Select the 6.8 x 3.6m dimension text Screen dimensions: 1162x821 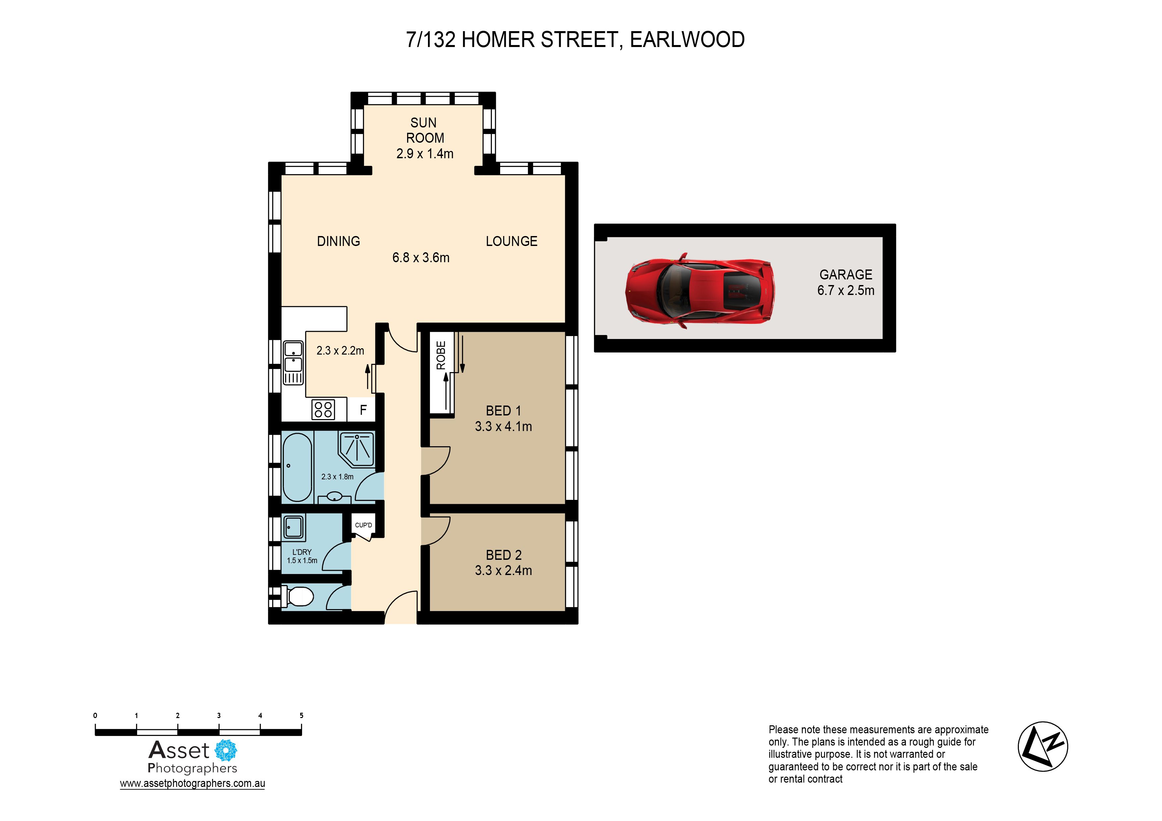(421, 258)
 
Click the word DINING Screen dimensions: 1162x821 (339, 241)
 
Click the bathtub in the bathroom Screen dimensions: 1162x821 (297, 466)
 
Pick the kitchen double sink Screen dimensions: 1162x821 (293, 363)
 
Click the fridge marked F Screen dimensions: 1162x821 (363, 410)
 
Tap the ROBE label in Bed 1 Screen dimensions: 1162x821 (441, 355)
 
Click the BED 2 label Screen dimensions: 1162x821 (503, 555)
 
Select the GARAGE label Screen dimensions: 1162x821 (846, 275)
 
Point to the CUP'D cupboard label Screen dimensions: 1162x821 (363, 525)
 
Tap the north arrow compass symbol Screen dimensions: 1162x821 (1043, 746)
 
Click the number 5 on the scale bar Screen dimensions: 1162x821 (302, 715)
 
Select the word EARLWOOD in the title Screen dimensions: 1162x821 (687, 39)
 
